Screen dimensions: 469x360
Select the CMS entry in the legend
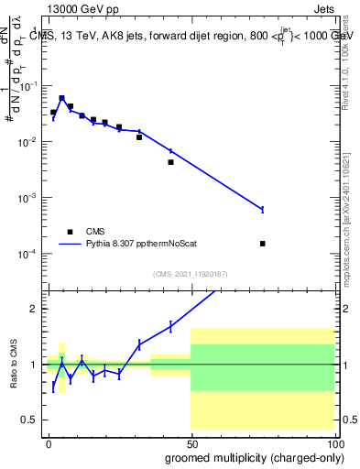[x=96, y=232]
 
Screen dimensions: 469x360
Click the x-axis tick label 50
[x=191, y=442]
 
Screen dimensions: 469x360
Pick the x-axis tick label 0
[x=49, y=442]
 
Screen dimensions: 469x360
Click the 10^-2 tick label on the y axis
[x=28, y=142]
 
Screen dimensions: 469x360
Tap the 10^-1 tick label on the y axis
[x=28, y=86]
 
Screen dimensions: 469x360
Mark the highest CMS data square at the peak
[x=61, y=98]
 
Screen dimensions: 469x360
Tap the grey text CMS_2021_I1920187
[x=190, y=274]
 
